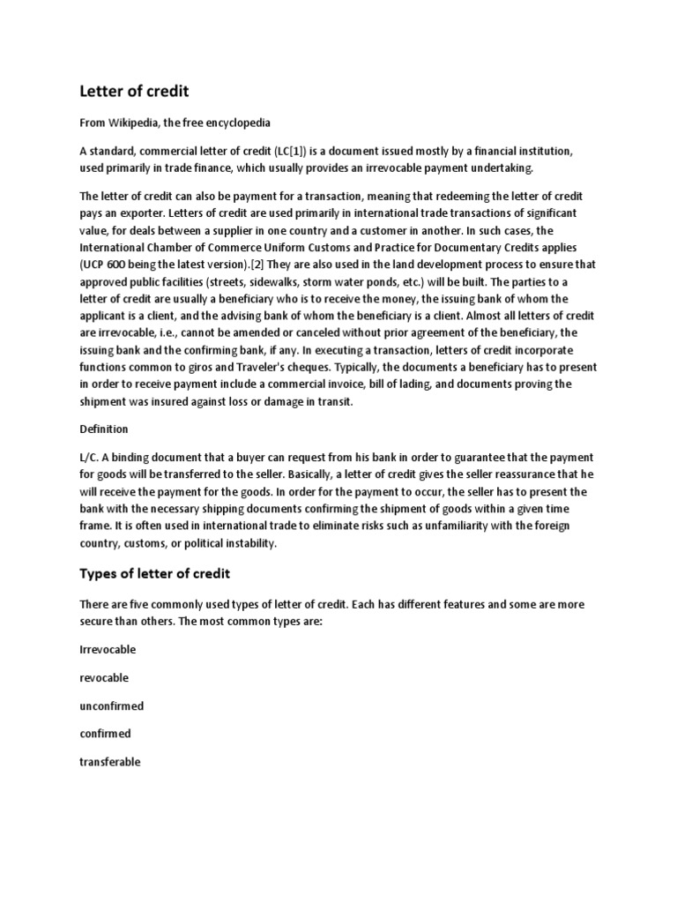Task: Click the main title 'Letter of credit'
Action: click(133, 91)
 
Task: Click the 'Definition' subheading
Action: click(104, 429)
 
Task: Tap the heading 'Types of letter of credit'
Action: click(155, 573)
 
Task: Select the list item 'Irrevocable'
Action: click(108, 649)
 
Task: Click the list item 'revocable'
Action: click(104, 677)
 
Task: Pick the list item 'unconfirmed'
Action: click(112, 705)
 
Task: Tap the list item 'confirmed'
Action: click(105, 734)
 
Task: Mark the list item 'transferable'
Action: click(110, 762)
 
